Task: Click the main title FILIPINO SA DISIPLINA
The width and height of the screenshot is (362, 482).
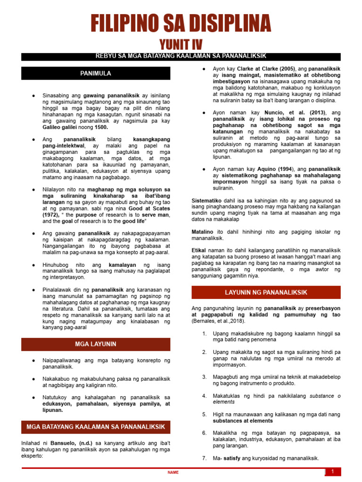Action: [x=181, y=24]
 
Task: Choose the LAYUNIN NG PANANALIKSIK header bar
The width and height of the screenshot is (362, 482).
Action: [x=266, y=293]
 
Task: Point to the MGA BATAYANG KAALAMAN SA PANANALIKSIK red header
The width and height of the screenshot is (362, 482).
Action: [x=96, y=427]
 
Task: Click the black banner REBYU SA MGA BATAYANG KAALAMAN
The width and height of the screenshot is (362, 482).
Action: [x=181, y=56]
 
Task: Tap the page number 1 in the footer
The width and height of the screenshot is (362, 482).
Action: [x=333, y=472]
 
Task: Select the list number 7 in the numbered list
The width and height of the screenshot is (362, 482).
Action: [x=205, y=458]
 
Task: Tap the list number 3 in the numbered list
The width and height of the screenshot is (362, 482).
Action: [x=205, y=377]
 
